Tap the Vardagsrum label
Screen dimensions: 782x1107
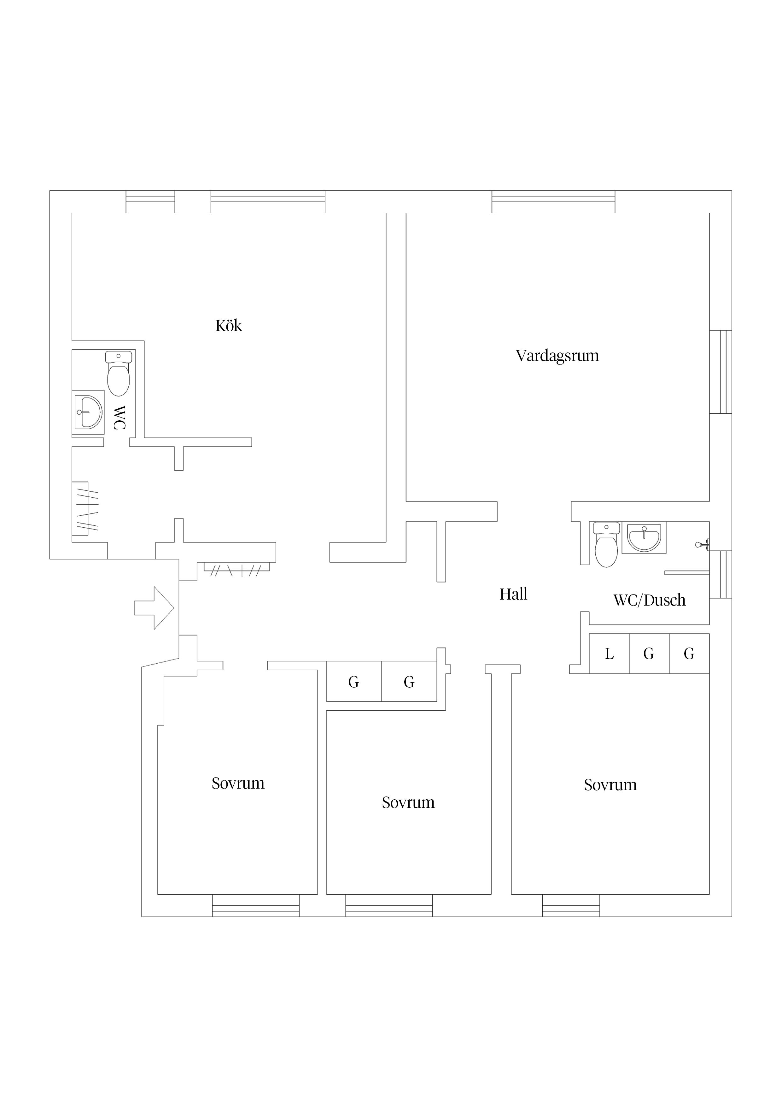557,356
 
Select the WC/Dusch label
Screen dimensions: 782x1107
650,600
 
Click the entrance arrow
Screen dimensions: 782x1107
154,608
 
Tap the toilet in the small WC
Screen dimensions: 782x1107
119,374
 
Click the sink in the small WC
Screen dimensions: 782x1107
88,412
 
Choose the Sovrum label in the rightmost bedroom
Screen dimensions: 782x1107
610,785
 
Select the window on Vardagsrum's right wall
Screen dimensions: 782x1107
721,372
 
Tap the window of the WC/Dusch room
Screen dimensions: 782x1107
721,574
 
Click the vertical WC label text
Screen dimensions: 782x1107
119,417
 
